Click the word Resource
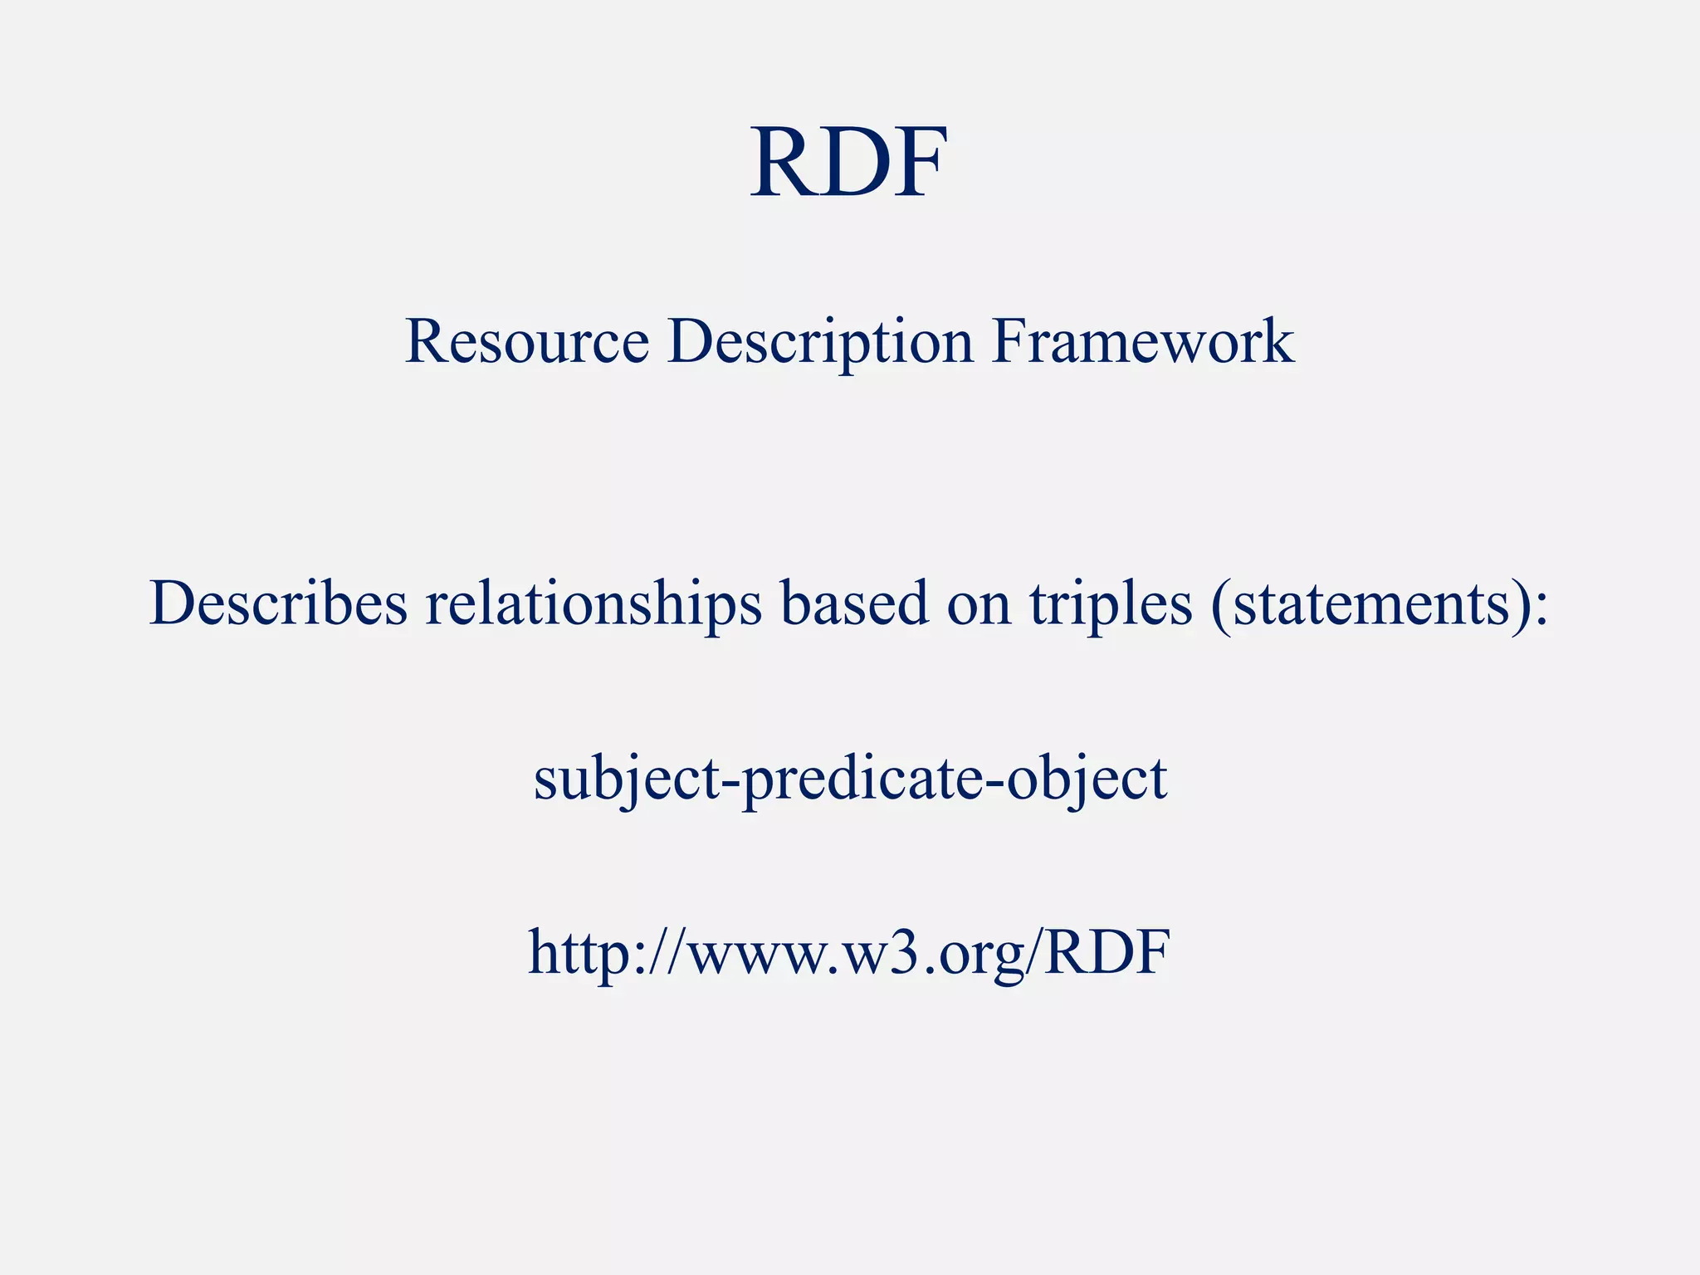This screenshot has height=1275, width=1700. point(526,341)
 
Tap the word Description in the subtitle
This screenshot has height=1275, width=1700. point(820,341)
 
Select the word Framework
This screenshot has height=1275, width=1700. point(1142,341)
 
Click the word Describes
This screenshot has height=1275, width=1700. point(279,603)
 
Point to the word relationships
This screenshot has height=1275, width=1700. point(594,603)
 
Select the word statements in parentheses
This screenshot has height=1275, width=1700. point(1370,603)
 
